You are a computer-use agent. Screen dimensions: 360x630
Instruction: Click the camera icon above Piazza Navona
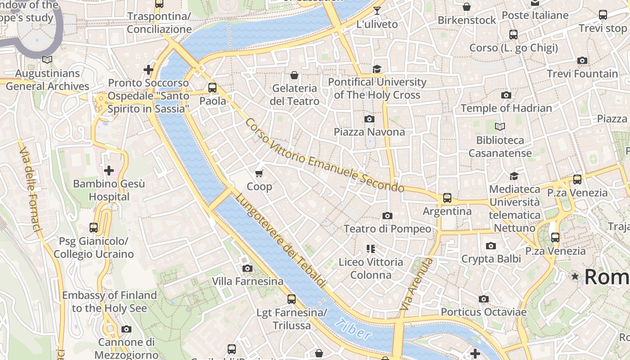pos(369,119)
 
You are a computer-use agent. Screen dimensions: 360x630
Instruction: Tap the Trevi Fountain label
pos(582,74)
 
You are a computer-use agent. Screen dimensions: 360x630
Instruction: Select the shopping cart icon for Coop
pos(259,173)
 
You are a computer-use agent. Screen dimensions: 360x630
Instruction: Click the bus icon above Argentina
pos(447,198)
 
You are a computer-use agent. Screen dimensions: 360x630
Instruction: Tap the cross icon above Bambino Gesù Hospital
pos(108,171)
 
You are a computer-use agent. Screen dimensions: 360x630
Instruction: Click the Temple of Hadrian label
pos(506,108)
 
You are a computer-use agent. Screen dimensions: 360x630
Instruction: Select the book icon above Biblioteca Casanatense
pos(499,127)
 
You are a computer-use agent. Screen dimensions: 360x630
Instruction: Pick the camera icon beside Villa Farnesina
pos(247,269)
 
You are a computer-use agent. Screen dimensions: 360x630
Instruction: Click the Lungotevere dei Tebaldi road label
pos(280,240)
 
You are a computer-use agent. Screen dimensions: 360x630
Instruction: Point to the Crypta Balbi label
pos(491,259)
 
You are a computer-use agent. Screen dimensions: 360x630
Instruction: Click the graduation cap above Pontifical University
pos(377,69)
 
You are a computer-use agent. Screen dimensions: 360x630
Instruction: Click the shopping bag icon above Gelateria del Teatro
pos(294,75)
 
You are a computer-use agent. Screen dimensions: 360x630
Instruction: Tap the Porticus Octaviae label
pos(483,312)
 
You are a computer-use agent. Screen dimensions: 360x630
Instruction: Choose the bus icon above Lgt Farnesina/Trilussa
pos(292,299)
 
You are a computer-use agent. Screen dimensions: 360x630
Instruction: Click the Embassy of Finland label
pos(109,301)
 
